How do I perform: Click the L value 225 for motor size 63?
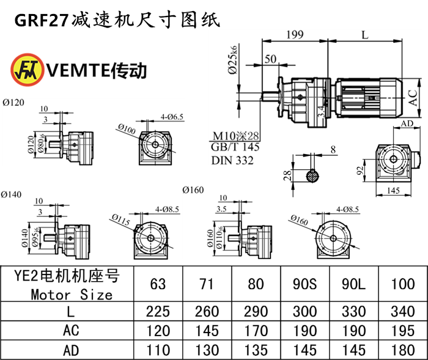(x=158, y=312)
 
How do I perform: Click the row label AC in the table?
(x=71, y=331)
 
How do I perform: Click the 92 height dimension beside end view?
(x=361, y=169)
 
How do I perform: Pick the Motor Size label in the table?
(x=71, y=295)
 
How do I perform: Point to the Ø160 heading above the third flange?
(x=193, y=190)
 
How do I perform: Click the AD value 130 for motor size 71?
(x=207, y=350)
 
